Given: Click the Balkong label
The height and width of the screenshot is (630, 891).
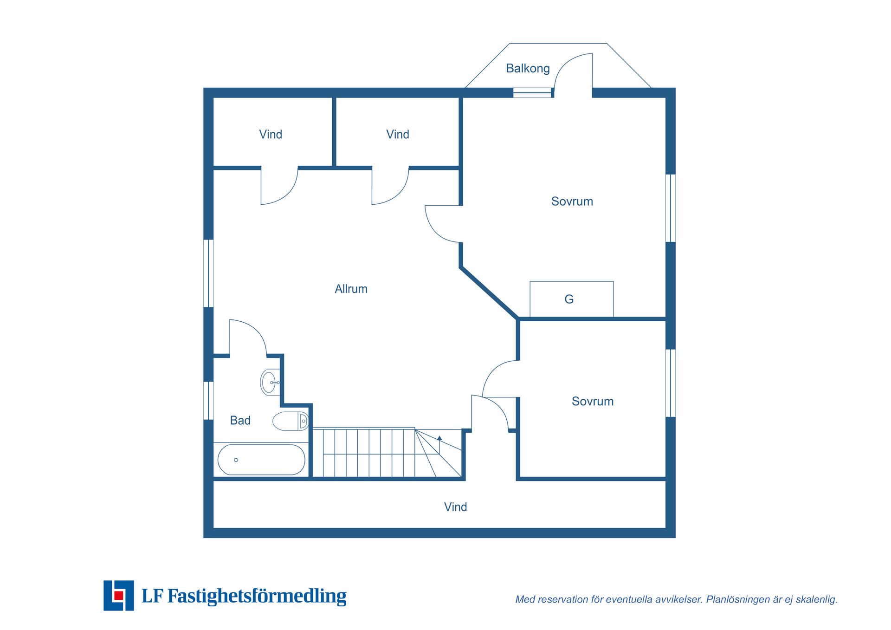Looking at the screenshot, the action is pos(528,69).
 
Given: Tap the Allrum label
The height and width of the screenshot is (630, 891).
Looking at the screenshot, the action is pos(351,289).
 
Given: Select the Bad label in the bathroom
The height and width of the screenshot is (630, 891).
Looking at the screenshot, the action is pos(240,420).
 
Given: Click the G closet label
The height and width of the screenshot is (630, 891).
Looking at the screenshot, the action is pos(569,299).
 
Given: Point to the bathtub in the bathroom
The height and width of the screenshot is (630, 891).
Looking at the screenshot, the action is pos(261,460).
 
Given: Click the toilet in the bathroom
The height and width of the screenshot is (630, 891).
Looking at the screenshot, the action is pos(291,421).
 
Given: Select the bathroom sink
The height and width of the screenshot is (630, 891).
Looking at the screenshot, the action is pos(270,382).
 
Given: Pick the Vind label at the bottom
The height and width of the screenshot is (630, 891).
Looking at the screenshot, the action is pos(455,507).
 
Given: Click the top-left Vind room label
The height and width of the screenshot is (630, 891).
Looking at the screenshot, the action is pos(271,135).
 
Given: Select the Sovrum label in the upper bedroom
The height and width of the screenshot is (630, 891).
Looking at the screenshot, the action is pos(572,201).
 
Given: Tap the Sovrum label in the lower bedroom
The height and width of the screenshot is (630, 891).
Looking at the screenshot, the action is pos(593,402).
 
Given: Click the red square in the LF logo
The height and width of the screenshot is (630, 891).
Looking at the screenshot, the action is pos(119,595).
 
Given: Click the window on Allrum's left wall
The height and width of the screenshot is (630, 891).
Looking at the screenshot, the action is pos(208,273).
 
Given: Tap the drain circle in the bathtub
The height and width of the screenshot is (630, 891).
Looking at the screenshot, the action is pos(236,460).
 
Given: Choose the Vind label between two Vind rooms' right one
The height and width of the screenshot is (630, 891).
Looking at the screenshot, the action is pos(398,135).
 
